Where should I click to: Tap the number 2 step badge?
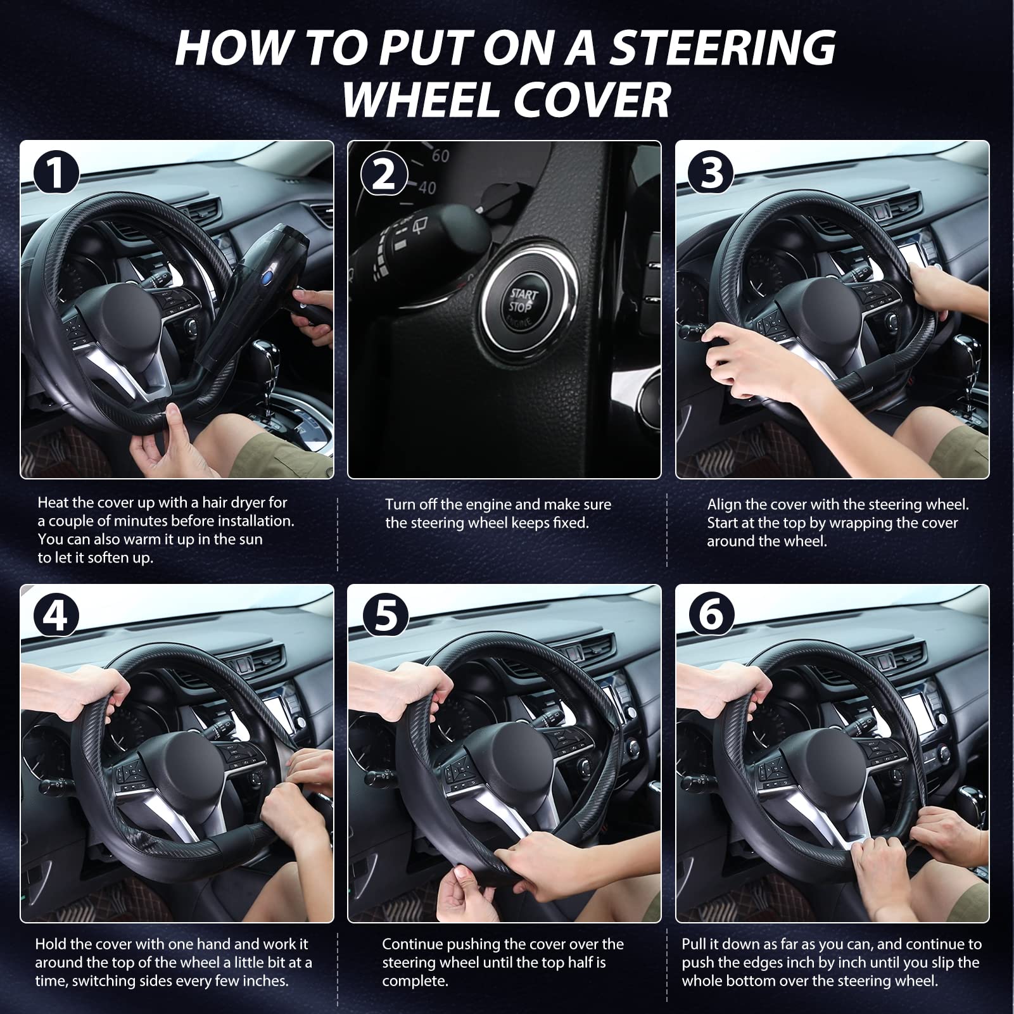click(x=383, y=174)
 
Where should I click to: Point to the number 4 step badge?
click(x=56, y=615)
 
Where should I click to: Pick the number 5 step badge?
click(x=383, y=615)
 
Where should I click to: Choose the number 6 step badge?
click(x=711, y=615)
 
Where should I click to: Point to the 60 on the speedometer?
click(x=440, y=155)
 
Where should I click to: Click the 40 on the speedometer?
click(x=427, y=187)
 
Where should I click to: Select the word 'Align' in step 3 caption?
click(x=724, y=505)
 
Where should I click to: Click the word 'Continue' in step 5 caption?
click(x=412, y=944)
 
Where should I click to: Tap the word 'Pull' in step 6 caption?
click(x=694, y=944)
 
